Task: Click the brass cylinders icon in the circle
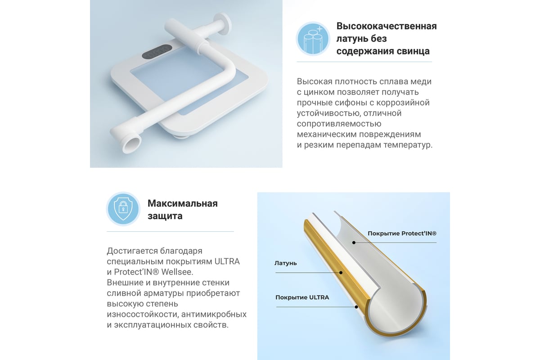(313, 39)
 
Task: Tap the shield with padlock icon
(123, 209)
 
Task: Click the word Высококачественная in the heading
(387, 26)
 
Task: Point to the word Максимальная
(183, 203)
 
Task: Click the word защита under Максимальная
(165, 216)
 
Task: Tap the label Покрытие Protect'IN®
(402, 234)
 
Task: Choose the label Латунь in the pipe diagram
(285, 263)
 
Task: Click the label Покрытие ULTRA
(302, 297)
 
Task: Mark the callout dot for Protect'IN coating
(354, 243)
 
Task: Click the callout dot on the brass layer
(341, 273)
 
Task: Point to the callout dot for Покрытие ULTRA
(356, 307)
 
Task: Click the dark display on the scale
(157, 52)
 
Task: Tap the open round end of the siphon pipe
(131, 144)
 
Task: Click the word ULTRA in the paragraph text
(227, 261)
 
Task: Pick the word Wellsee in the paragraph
(177, 272)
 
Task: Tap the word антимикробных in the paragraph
(214, 315)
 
